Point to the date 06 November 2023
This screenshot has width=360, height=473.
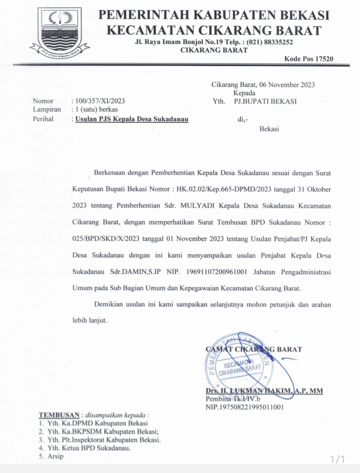pos(286,84)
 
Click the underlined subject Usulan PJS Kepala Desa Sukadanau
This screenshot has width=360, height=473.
pos(132,119)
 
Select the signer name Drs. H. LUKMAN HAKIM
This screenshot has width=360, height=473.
pos(263,391)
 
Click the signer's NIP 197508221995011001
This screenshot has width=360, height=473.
pos(244,407)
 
